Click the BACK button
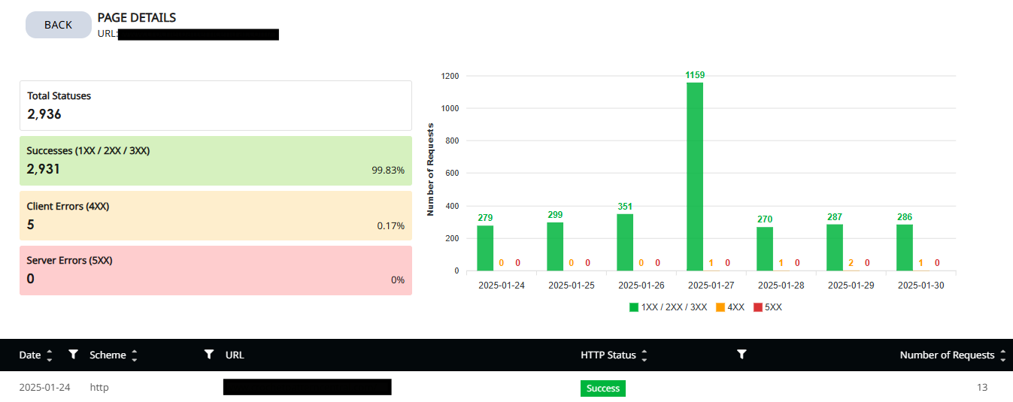pos(58,25)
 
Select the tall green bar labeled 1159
pos(695,177)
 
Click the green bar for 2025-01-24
pos(485,248)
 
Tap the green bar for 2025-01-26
pos(625,242)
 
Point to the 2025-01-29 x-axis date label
pos(851,286)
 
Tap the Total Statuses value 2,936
pos(44,114)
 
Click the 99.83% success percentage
pos(388,171)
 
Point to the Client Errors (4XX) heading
pos(68,206)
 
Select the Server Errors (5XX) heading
pos(69,260)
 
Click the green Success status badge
pos(602,388)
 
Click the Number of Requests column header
pos(947,355)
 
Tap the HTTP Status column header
pos(608,355)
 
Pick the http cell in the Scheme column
pos(99,388)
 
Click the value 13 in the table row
pos(982,388)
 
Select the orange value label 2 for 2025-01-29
pos(851,263)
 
